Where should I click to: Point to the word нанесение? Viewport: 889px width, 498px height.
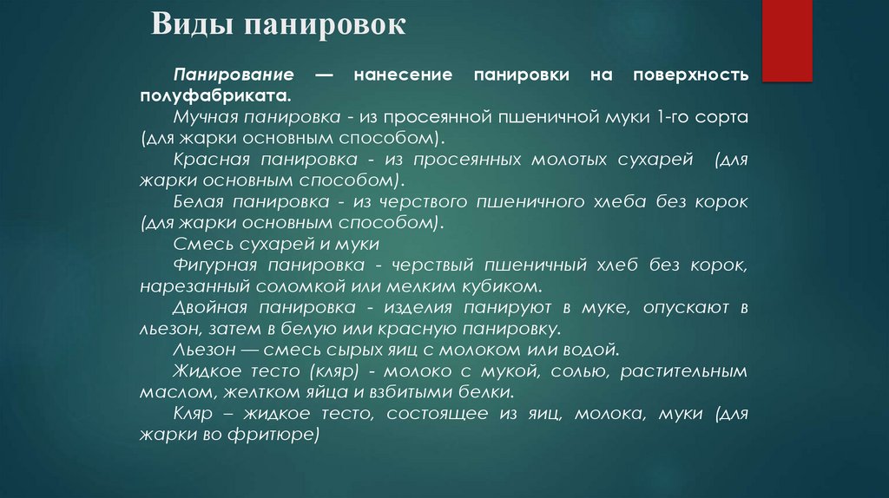[x=403, y=75]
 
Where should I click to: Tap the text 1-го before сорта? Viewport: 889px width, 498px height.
[x=672, y=117]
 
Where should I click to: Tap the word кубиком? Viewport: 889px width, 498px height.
[x=509, y=286]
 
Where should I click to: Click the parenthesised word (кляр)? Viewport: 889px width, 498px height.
[x=324, y=371]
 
